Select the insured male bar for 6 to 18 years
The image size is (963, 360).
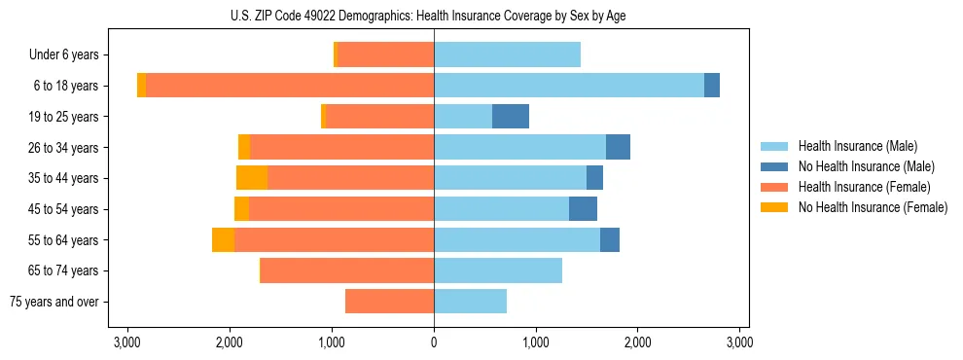click(x=569, y=86)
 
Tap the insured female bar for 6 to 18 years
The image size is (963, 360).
click(x=290, y=86)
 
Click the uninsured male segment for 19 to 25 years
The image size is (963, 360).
click(x=511, y=117)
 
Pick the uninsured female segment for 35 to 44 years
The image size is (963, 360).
click(x=252, y=178)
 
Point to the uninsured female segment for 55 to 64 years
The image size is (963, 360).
click(x=223, y=240)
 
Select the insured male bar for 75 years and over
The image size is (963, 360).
click(x=470, y=302)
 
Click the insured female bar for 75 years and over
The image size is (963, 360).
click(x=389, y=302)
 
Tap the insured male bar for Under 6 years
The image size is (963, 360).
click(x=507, y=55)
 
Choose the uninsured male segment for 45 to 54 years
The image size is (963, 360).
click(x=583, y=209)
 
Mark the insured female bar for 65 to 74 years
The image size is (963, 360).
click(x=347, y=270)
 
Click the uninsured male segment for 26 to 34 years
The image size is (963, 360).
click(x=618, y=148)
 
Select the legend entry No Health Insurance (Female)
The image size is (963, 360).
click(x=873, y=207)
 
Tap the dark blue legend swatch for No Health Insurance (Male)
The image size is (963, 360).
click(x=775, y=166)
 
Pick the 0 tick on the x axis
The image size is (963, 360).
click(x=434, y=342)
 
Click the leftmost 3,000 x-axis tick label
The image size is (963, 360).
click(x=127, y=342)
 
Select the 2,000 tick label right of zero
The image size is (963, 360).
click(x=637, y=342)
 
